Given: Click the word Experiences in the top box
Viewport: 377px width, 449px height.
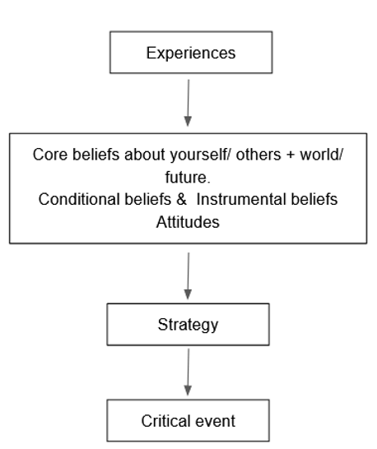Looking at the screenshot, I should (190, 53).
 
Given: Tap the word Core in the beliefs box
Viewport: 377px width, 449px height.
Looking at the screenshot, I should (49, 154).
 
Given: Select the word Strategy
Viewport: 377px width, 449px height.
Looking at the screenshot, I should (188, 324).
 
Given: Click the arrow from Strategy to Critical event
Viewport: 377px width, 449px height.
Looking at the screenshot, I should (188, 372).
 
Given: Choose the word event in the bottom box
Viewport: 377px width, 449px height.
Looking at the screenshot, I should (216, 421).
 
